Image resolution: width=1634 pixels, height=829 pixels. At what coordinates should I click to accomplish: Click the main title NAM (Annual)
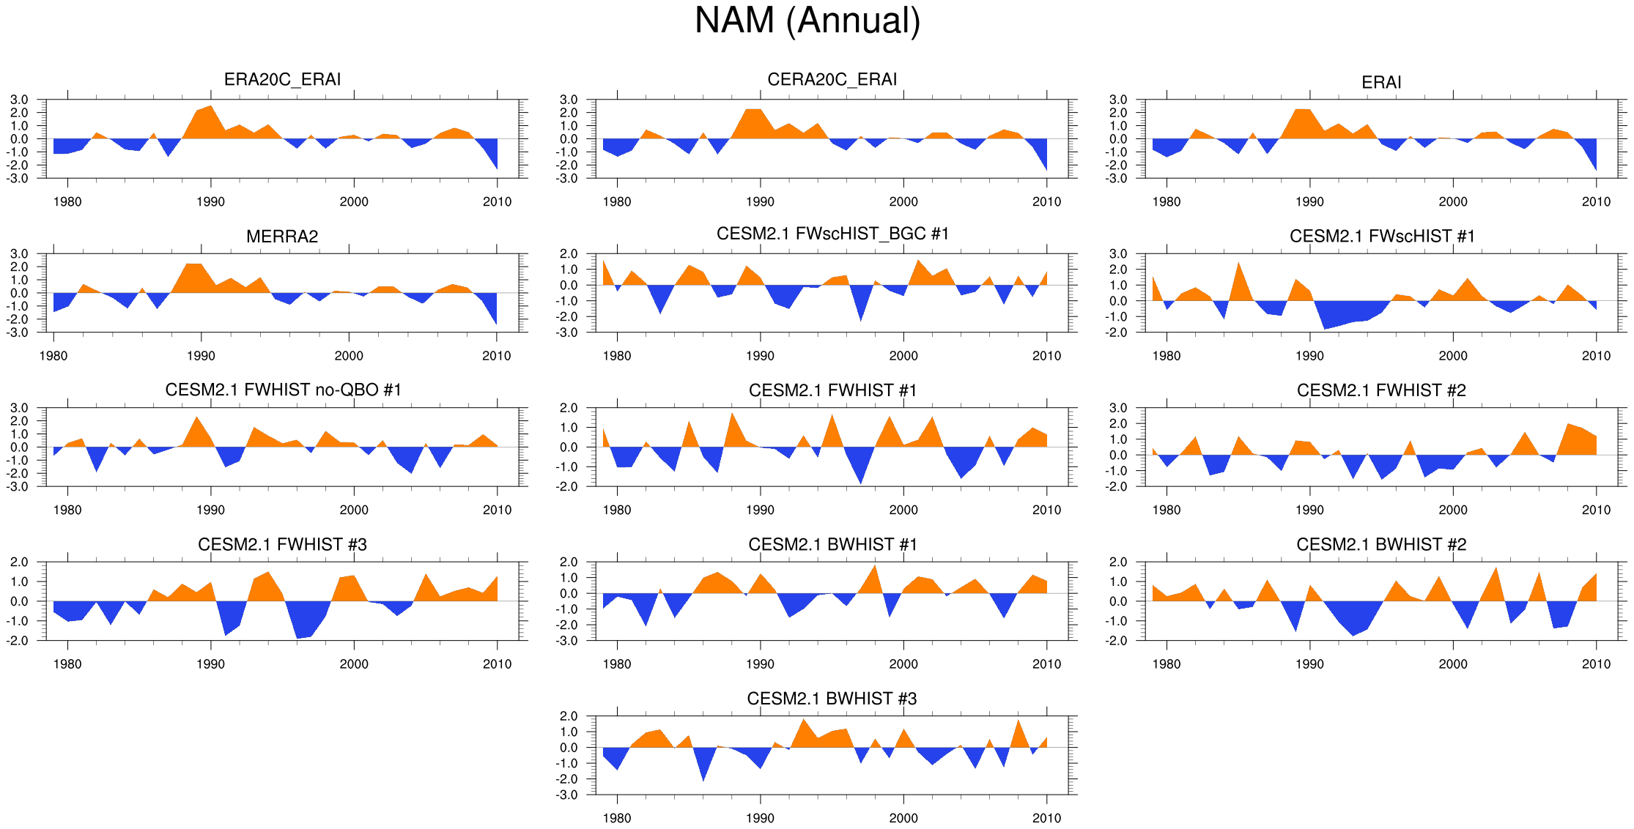click(807, 21)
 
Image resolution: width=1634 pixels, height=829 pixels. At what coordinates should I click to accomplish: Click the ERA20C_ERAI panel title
click(282, 79)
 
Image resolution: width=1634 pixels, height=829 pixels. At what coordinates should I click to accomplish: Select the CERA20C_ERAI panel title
click(832, 79)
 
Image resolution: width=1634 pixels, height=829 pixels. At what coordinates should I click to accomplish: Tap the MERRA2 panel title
click(282, 237)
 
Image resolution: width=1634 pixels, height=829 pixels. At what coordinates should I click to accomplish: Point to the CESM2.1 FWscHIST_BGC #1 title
click(832, 234)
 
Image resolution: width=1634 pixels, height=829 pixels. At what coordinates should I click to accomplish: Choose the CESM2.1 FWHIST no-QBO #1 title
click(283, 390)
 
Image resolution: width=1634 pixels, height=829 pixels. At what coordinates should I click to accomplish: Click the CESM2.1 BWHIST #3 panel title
click(832, 699)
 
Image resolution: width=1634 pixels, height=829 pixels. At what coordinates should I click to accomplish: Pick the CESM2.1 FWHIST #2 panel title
click(1381, 390)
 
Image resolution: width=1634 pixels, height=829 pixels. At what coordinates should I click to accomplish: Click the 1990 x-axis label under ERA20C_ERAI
click(210, 202)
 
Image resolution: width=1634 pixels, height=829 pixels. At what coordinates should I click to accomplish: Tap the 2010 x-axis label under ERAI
click(1596, 202)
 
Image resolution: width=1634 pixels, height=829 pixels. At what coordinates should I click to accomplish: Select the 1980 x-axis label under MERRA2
click(53, 356)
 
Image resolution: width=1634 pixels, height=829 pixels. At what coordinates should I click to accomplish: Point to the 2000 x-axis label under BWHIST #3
click(903, 818)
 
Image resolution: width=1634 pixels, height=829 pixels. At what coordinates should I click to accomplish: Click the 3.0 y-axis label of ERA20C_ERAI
click(19, 100)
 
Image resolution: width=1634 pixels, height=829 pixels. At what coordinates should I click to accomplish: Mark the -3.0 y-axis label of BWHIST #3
click(569, 795)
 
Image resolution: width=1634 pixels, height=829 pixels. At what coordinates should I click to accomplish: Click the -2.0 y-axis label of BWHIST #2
click(1118, 641)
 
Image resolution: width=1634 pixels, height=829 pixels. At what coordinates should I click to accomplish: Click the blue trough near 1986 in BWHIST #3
click(703, 765)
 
